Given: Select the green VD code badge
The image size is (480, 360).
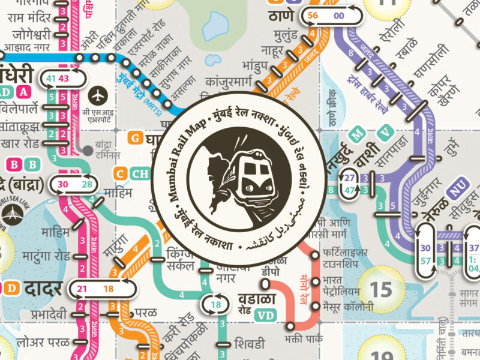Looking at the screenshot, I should (x=265, y=314).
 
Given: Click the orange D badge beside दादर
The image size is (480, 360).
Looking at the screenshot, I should (x=11, y=289).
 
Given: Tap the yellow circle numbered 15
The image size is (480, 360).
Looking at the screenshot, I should (x=380, y=289).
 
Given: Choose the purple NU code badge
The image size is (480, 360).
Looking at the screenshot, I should (x=458, y=193).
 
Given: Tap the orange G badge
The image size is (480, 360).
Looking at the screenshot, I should (x=136, y=139).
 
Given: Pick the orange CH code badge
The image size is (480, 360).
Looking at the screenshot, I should (x=141, y=174).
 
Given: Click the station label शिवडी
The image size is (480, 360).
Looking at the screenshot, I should (x=248, y=344).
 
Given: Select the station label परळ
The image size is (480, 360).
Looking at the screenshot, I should (x=146, y=313).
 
